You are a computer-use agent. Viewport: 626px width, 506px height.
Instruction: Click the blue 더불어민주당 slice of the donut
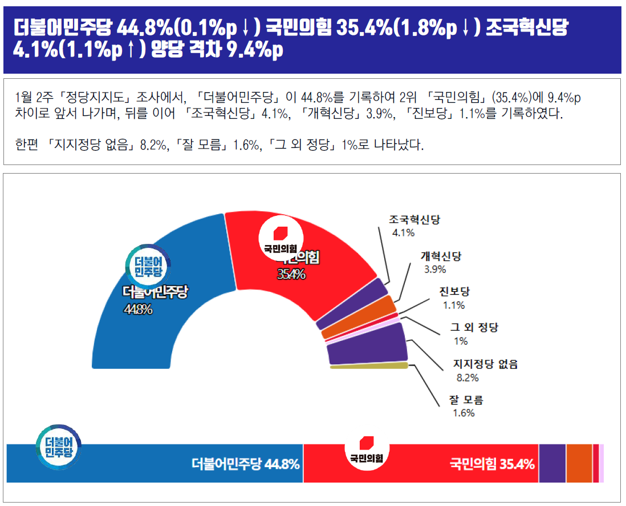(143, 331)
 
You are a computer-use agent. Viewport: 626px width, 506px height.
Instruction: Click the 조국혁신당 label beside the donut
(414, 220)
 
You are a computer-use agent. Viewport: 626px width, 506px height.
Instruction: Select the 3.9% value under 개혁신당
(435, 269)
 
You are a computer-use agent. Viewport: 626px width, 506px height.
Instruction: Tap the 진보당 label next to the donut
(454, 292)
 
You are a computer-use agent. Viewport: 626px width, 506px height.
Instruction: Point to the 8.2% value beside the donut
(468, 378)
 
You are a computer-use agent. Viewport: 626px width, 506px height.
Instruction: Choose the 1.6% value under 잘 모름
(464, 413)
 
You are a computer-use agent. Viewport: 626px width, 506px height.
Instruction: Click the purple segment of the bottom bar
(552, 463)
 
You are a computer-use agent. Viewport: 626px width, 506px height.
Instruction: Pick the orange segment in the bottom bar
(579, 463)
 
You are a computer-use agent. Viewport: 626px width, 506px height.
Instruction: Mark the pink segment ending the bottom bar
(601, 463)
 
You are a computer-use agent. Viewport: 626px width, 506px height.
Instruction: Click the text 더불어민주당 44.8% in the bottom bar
(246, 464)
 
